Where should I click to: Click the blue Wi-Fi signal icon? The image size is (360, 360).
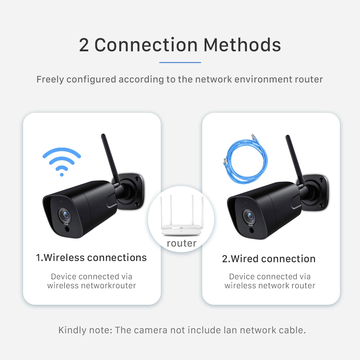click(x=62, y=160)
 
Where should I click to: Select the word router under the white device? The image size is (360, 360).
click(x=181, y=243)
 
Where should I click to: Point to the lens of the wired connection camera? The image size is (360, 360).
click(x=249, y=216)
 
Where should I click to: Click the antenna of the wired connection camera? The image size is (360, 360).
click(x=295, y=159)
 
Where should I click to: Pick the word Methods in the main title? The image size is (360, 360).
click(x=242, y=45)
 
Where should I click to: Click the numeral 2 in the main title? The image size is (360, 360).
click(x=84, y=45)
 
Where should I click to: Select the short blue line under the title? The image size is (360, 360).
click(x=180, y=62)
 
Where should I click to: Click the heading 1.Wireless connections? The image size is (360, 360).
click(x=91, y=258)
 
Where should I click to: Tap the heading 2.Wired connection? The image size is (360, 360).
click(x=268, y=259)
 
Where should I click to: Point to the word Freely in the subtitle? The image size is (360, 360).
click(x=50, y=79)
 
